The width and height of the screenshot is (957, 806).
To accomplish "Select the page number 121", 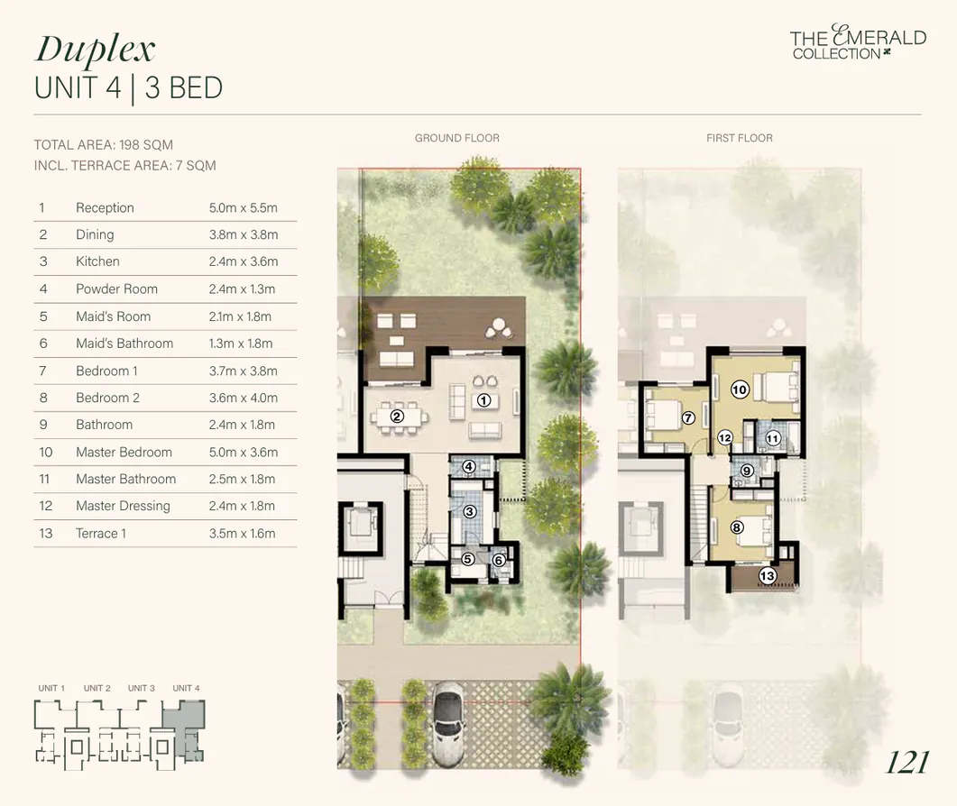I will [906, 763].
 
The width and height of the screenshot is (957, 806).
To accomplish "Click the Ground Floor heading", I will [456, 138].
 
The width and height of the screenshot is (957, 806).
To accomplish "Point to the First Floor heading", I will [739, 138].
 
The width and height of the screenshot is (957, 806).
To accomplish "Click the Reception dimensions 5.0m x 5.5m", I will [243, 208].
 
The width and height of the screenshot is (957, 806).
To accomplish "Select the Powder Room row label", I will [116, 289].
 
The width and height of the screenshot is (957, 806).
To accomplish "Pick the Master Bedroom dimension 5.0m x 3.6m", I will [243, 453].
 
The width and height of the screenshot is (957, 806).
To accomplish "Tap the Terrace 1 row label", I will [101, 534].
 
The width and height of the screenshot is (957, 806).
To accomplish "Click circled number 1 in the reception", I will [483, 400].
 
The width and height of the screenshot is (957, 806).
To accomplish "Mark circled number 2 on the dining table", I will [397, 417].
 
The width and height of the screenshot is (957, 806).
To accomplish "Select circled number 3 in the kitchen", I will [469, 512].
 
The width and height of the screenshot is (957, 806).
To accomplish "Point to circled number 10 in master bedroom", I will [740, 390].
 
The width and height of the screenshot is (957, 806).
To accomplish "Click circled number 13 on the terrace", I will [767, 576].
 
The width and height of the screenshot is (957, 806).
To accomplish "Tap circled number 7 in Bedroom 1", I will [688, 418].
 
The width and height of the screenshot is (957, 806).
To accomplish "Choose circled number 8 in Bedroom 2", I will [737, 527].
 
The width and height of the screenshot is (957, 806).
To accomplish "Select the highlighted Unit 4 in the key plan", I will [187, 727].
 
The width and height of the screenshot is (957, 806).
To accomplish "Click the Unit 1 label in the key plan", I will [51, 689].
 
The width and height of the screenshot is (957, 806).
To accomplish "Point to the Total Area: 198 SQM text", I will [103, 145].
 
